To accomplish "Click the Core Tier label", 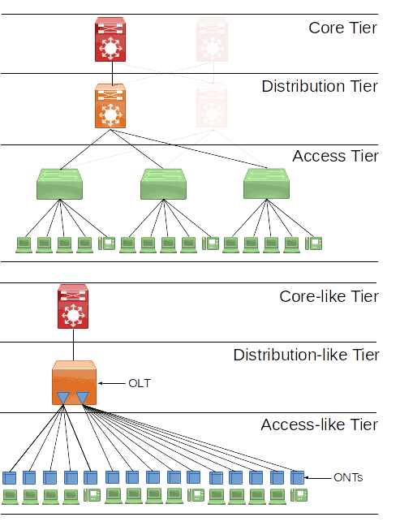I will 342,28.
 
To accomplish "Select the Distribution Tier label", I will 320,86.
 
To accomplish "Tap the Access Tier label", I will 335,156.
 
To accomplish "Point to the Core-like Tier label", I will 329,296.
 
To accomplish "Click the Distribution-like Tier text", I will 306,355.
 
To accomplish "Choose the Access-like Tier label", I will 319,424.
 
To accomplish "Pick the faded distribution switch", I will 213,106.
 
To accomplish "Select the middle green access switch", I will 163,184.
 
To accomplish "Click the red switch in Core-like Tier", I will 73,307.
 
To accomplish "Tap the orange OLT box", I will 73,382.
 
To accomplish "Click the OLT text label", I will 140,381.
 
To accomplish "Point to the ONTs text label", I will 348,478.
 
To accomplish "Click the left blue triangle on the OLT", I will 63,397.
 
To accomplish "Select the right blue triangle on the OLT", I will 82,397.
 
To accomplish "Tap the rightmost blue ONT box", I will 297,477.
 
